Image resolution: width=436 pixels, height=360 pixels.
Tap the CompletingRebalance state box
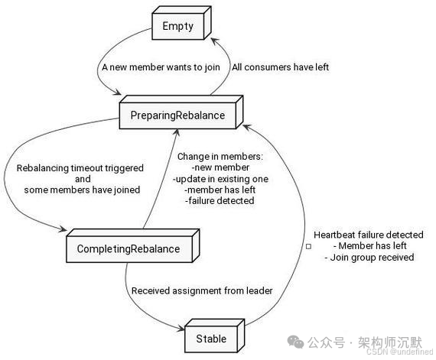point(128,248)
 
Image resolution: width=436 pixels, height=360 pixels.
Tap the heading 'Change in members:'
point(220,157)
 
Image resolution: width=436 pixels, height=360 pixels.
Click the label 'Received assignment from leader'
point(202,290)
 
